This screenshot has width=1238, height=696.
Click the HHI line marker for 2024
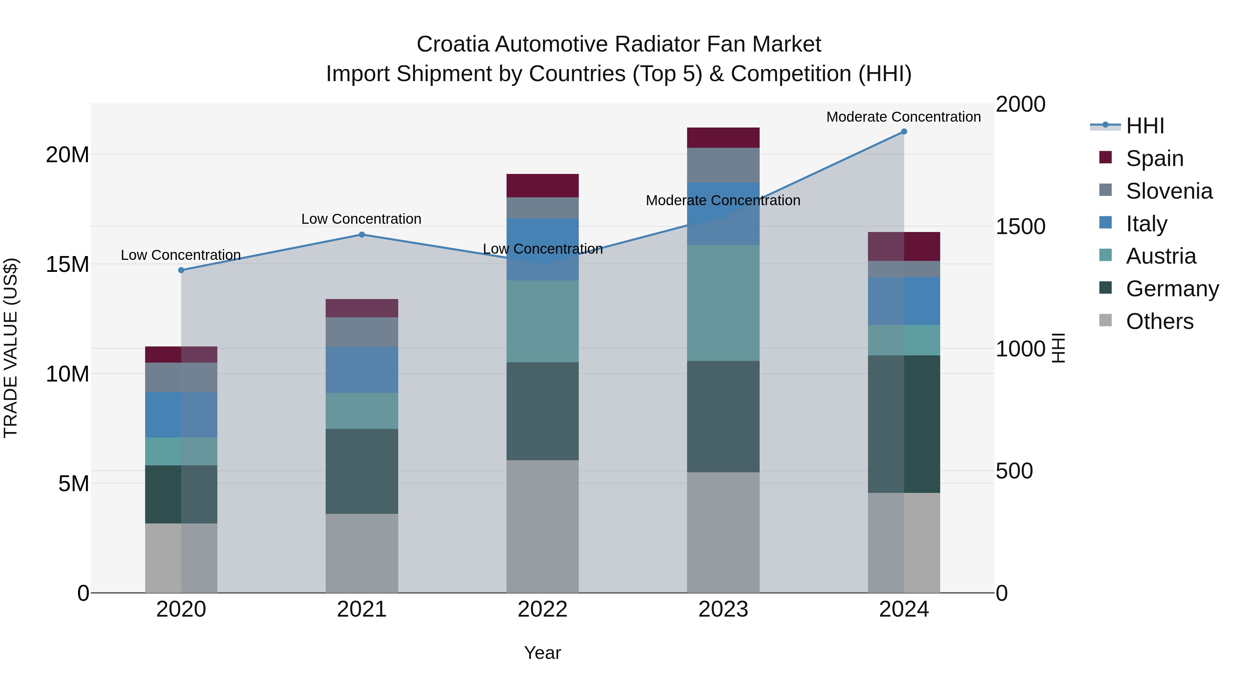click(903, 132)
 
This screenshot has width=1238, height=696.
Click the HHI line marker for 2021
click(362, 234)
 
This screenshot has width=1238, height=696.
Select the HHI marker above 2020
click(181, 270)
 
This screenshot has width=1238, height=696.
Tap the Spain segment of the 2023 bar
click(723, 137)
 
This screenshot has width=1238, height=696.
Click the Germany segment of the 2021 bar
click(362, 471)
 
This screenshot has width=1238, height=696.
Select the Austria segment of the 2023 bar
click(723, 302)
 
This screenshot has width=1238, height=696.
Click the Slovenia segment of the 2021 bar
click(362, 332)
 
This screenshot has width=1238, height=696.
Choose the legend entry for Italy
click(1146, 224)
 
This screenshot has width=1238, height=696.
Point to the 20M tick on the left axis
click(67, 155)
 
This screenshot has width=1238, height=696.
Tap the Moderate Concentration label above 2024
click(903, 117)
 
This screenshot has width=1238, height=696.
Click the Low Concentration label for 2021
click(361, 219)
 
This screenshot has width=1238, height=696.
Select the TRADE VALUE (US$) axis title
click(11, 348)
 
